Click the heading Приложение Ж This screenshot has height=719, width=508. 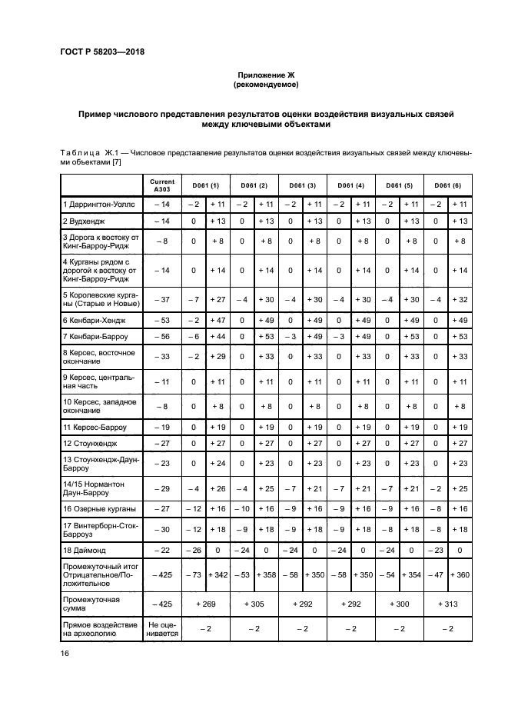point(265,75)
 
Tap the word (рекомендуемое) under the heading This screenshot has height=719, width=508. point(265,85)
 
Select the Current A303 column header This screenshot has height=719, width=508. point(162,185)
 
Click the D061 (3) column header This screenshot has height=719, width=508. point(302,185)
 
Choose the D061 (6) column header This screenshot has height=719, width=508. point(448,185)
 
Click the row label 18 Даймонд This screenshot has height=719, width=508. point(85,551)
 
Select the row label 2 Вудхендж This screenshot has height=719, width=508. point(85,221)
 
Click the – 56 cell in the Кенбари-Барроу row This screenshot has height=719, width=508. point(162,336)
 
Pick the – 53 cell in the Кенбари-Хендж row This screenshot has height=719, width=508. point(162,319)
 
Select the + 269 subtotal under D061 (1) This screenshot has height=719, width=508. point(205,604)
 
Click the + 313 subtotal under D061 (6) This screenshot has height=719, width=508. point(448,604)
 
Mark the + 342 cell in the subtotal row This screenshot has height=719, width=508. point(218,574)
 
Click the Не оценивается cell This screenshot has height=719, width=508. point(162,629)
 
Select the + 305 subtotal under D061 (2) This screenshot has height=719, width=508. point(254,604)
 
